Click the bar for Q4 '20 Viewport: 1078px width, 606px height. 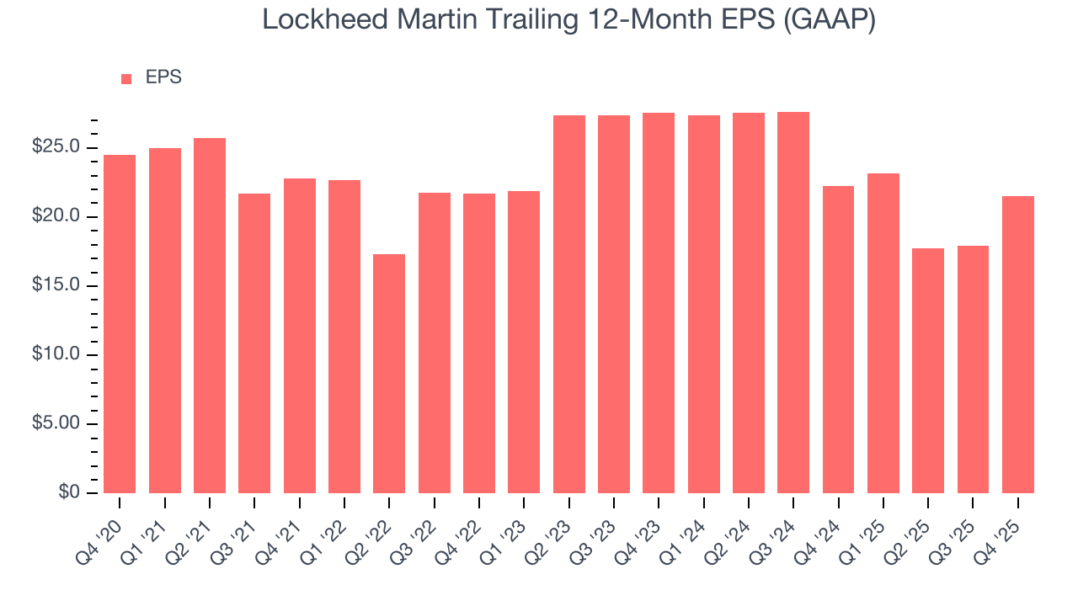(x=120, y=324)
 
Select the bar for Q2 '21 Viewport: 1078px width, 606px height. (x=210, y=316)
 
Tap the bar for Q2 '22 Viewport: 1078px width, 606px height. (x=389, y=374)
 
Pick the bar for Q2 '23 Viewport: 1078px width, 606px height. (x=569, y=304)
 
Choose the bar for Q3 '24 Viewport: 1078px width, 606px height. (x=793, y=302)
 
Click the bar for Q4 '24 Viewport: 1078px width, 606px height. (x=838, y=339)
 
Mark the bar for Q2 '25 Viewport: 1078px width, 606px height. (x=928, y=370)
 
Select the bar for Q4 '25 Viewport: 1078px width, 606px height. (x=1018, y=344)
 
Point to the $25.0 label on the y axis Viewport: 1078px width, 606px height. (x=56, y=147)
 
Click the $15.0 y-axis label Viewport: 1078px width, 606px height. (x=56, y=285)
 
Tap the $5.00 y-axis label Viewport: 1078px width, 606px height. (x=56, y=423)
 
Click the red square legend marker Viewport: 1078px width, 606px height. (x=126, y=78)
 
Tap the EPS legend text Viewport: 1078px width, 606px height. (x=163, y=77)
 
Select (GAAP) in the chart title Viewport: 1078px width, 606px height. (x=829, y=20)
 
